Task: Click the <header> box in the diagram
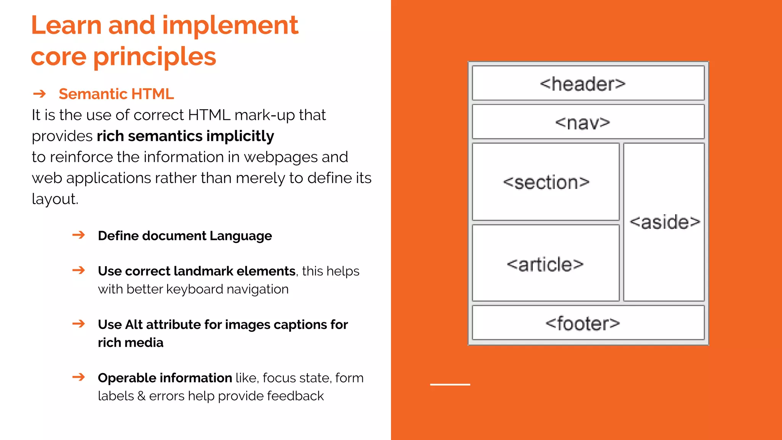pyautogui.click(x=588, y=83)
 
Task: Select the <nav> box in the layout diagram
pyautogui.click(x=588, y=122)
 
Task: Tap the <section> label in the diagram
pyautogui.click(x=546, y=182)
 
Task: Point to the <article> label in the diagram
pyautogui.click(x=545, y=264)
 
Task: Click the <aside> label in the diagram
pyautogui.click(x=665, y=222)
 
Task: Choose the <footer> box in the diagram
pyautogui.click(x=588, y=323)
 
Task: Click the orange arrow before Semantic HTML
pyautogui.click(x=39, y=94)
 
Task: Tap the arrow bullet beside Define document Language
pyautogui.click(x=79, y=235)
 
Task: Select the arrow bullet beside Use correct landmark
pyautogui.click(x=79, y=270)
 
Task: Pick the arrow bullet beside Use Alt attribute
pyautogui.click(x=79, y=324)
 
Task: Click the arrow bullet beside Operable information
pyautogui.click(x=79, y=377)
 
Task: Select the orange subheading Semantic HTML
pyautogui.click(x=116, y=94)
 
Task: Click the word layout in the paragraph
pyautogui.click(x=55, y=199)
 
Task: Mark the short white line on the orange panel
pyautogui.click(x=450, y=384)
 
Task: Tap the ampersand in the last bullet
pyautogui.click(x=141, y=396)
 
